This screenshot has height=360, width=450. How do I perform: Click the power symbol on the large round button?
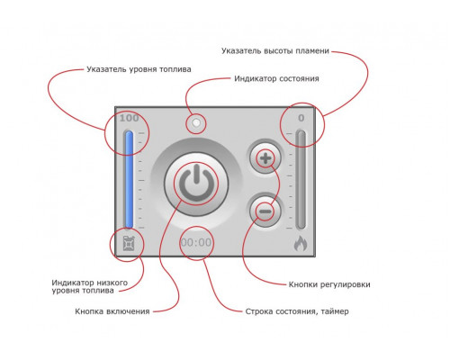point(196,183)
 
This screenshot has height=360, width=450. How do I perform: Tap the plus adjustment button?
point(265,158)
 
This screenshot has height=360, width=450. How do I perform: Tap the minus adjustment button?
point(265,211)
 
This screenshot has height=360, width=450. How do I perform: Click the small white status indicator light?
point(196,123)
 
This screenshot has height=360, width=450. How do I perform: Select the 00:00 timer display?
point(196,242)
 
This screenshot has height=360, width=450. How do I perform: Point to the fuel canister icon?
point(129,243)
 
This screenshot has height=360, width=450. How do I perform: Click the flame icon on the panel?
point(301,243)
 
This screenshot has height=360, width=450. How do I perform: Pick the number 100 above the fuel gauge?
point(129,118)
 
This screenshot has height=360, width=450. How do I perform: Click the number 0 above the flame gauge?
point(301,118)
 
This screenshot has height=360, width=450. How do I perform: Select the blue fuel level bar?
point(129,179)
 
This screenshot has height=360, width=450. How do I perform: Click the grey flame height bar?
point(301,179)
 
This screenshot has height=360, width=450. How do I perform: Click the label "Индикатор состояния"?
point(276,78)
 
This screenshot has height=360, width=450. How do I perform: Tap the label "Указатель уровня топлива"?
point(139,69)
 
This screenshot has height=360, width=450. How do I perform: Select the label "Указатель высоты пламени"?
point(275,51)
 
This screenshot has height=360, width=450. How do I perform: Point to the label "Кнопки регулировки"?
point(329,284)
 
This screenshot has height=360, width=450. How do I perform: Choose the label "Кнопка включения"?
point(112,311)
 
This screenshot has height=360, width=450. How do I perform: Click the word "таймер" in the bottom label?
point(335,311)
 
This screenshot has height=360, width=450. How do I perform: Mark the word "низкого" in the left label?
point(112,283)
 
